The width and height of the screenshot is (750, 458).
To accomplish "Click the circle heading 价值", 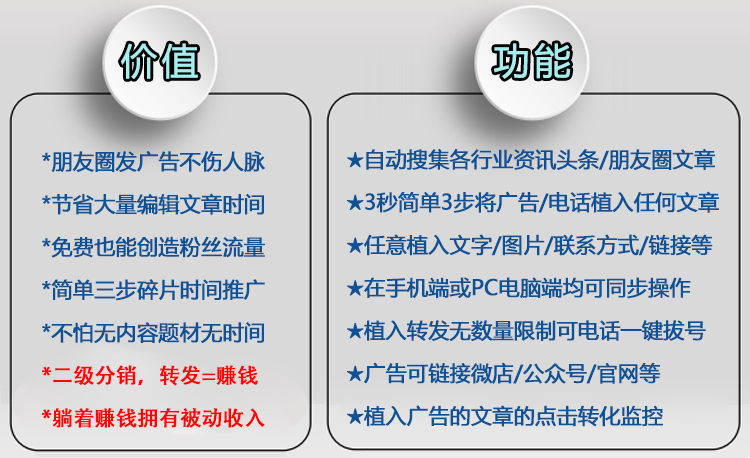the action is coord(160,62).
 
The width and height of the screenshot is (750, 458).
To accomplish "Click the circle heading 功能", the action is coord(531,62).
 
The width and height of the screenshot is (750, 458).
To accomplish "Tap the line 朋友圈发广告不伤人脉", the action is coord(153,162).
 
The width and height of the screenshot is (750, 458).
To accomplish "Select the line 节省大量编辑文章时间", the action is coord(153,205).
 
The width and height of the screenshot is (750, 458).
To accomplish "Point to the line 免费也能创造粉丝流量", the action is coord(153,247).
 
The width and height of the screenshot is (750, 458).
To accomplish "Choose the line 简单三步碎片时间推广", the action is coord(153,290).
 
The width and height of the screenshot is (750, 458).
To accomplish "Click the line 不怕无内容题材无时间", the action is coord(153,333).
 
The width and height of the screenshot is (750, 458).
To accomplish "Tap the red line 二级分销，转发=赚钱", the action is coord(150,375).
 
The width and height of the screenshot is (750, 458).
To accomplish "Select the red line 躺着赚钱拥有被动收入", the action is coord(153,418).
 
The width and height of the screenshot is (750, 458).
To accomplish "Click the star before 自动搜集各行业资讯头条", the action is coord(355,161).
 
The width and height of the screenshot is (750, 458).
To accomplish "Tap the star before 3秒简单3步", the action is coord(355,203).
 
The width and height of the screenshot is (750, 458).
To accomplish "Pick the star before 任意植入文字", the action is coord(355,246).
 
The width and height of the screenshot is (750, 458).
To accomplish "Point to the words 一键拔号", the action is coord(673,331).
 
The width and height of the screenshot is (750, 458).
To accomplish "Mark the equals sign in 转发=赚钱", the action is coord(208,376).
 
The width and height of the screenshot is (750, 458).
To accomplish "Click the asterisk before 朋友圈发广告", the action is coord(46,158).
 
